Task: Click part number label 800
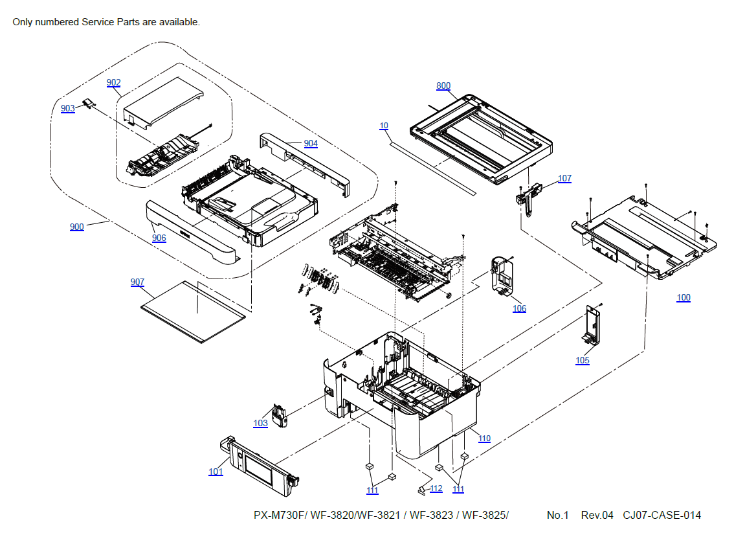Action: (443, 85)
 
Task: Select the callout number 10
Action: (384, 126)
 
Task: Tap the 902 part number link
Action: (114, 82)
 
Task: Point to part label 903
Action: (68, 108)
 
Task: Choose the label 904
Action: (311, 143)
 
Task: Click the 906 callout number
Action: (159, 238)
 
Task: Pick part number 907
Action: (137, 282)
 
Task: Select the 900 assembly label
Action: (77, 227)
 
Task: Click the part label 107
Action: (564, 178)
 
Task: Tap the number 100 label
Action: (684, 297)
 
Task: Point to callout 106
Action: (519, 308)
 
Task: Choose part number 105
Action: (583, 360)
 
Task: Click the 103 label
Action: (260, 423)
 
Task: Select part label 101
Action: (216, 472)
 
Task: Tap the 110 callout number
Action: (484, 438)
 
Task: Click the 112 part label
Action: (436, 488)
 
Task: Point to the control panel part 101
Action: (262, 463)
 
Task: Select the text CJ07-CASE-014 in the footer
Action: (662, 516)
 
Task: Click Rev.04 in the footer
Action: (597, 516)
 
